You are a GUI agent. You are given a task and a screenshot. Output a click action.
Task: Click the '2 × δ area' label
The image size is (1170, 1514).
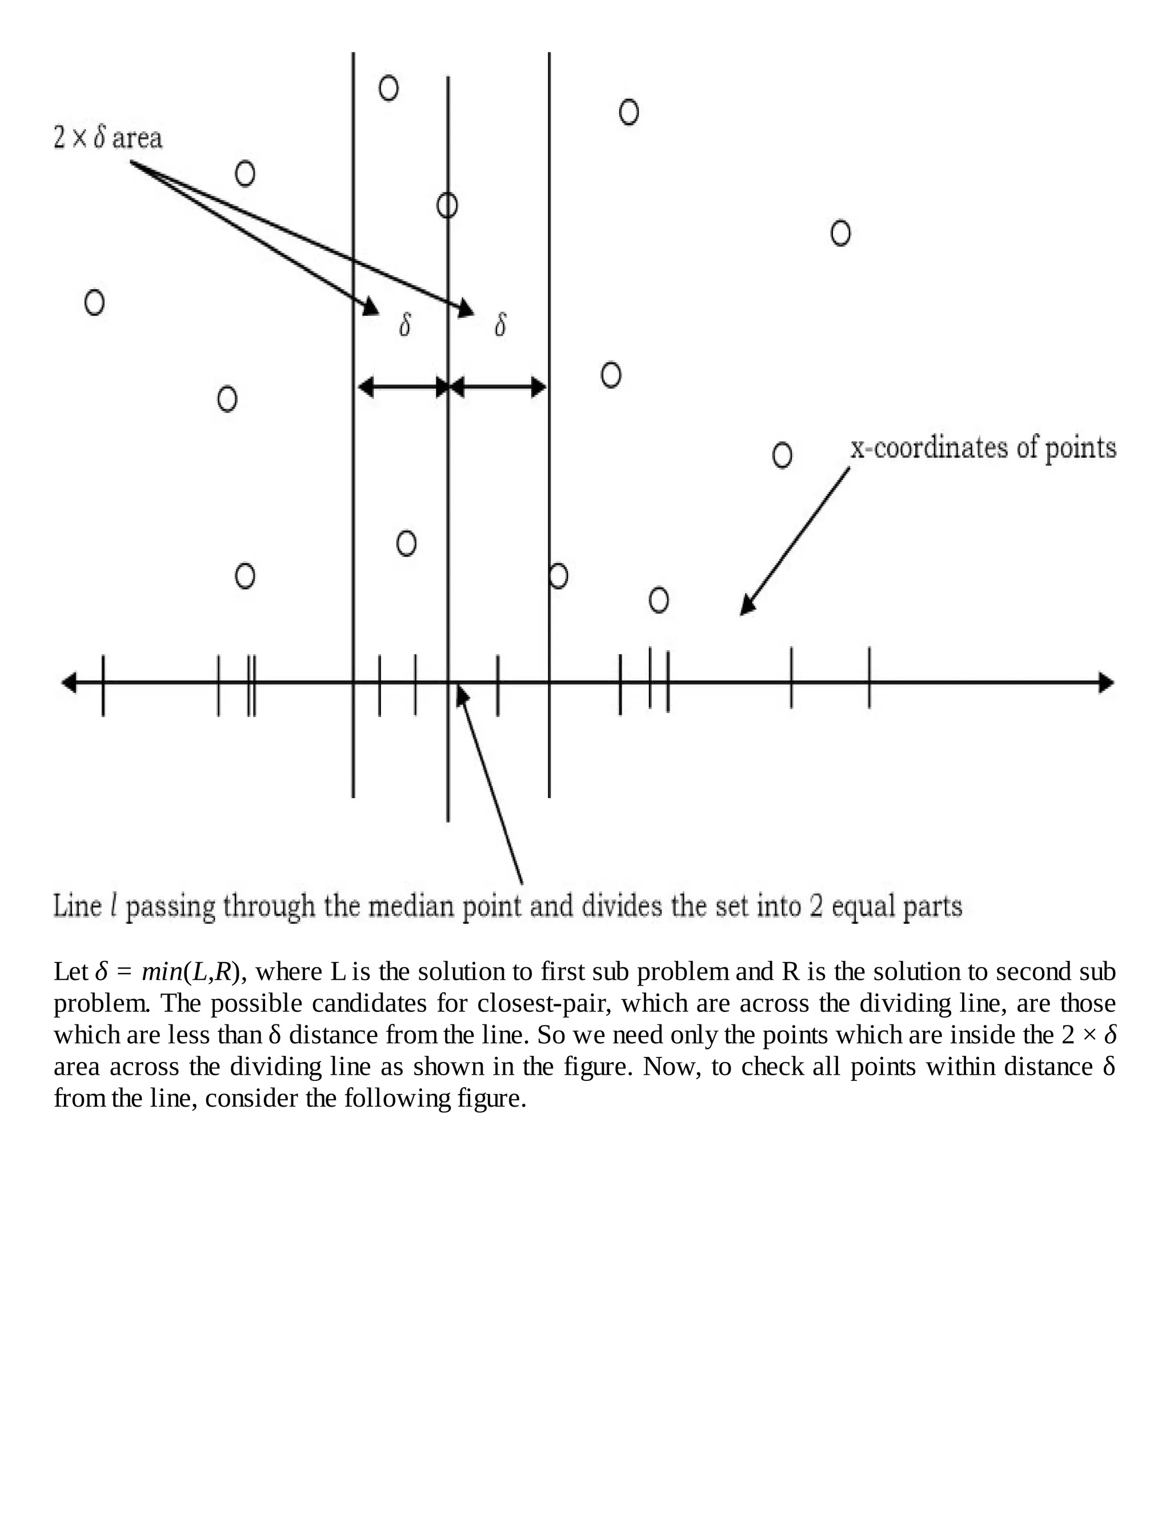[x=107, y=137]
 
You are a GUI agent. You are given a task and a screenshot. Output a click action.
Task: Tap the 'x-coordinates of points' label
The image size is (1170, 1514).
[x=983, y=448]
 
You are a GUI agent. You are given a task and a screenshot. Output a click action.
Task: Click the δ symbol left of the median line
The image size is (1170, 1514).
[x=405, y=325]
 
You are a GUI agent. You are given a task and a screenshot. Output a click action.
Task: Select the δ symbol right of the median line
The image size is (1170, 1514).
[x=500, y=325]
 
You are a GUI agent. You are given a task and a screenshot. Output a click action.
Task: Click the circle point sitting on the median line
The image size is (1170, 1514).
[x=447, y=205]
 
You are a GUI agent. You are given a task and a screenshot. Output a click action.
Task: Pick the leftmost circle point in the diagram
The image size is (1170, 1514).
[x=94, y=302]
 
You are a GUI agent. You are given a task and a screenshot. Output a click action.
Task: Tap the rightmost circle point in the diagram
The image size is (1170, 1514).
[x=840, y=233]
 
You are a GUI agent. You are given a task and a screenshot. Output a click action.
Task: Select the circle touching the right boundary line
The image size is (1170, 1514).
[x=558, y=575]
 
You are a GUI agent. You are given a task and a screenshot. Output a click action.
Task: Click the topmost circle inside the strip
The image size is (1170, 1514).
[x=389, y=88]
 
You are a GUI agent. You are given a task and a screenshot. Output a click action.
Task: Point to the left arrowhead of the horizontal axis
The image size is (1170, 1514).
[x=69, y=683]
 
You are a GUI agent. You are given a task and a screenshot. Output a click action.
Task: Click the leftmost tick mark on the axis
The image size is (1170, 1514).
[x=103, y=685]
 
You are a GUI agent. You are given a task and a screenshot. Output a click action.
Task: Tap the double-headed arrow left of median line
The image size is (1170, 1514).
[x=403, y=387]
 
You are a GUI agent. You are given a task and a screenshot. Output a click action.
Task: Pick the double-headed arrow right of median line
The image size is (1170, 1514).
[x=498, y=387]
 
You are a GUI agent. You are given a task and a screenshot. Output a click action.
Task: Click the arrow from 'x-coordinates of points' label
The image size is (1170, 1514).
[x=794, y=542]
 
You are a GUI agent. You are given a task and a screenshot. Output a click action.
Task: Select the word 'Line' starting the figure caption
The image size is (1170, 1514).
[x=78, y=907]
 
